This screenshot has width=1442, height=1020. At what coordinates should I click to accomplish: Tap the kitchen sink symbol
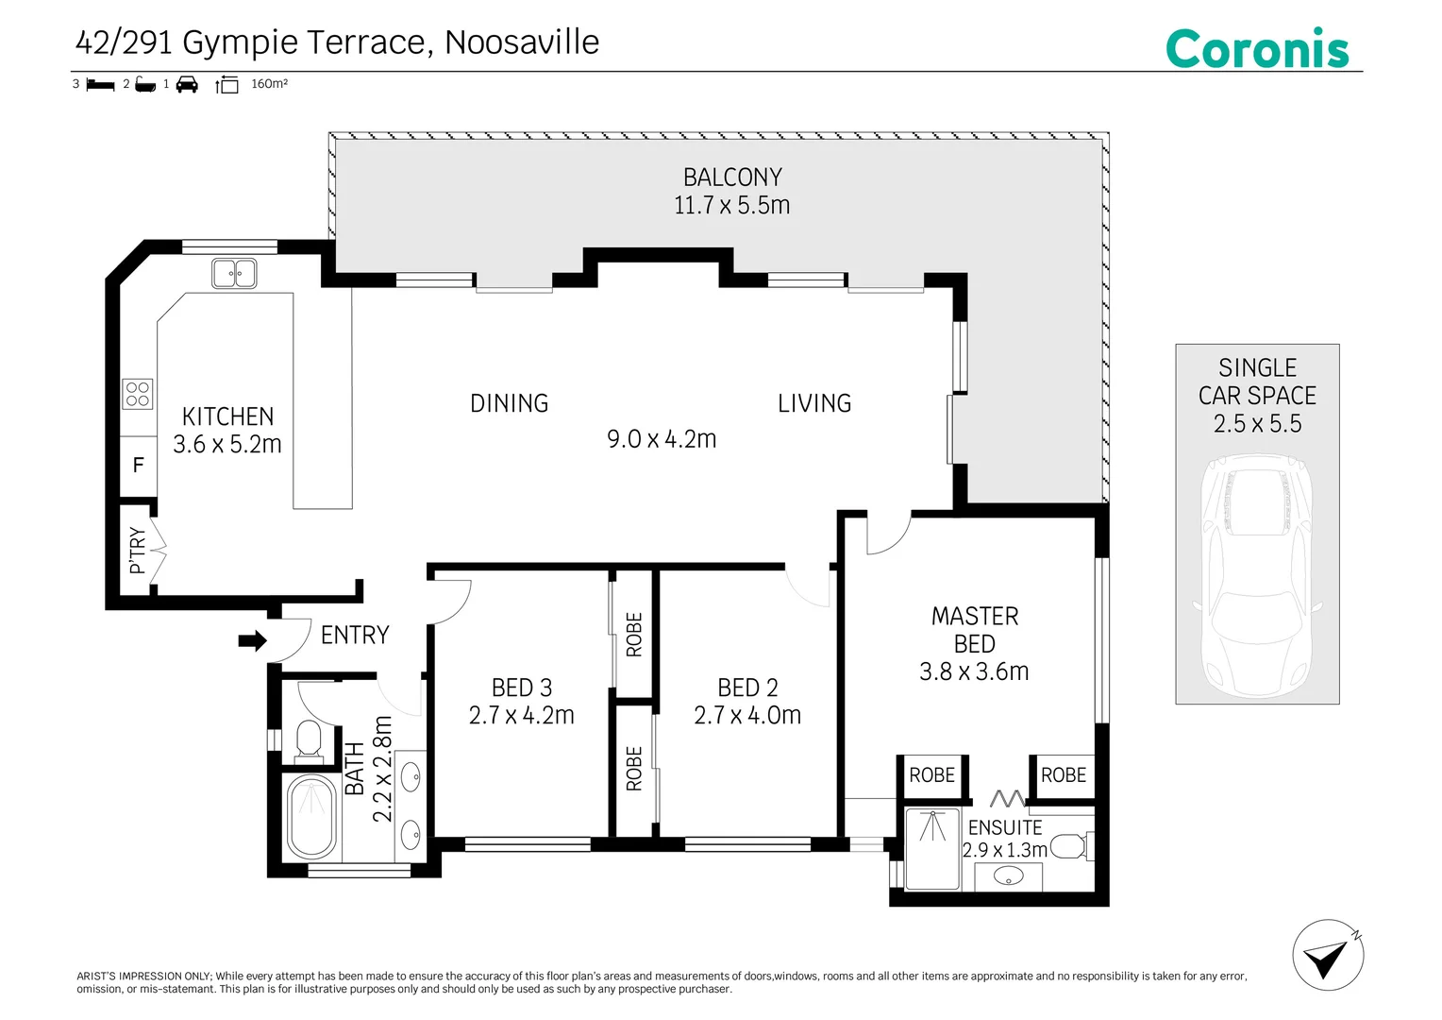click(234, 273)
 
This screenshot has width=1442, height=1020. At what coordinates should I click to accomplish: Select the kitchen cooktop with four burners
click(138, 394)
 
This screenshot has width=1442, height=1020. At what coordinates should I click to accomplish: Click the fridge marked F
click(139, 466)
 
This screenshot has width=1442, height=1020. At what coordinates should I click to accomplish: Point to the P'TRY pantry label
click(138, 550)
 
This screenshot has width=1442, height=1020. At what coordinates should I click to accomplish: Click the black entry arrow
click(252, 640)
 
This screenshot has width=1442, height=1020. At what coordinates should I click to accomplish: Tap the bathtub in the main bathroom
click(311, 816)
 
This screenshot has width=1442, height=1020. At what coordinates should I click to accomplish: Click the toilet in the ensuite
click(1070, 846)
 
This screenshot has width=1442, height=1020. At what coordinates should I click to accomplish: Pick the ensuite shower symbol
click(932, 849)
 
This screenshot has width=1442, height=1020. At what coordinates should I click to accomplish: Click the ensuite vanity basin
click(1009, 875)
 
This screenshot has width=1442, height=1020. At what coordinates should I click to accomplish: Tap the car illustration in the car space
click(1257, 576)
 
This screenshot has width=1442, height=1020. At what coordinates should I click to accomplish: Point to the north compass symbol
click(1328, 955)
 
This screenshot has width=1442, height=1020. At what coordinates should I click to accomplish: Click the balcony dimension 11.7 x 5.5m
click(732, 206)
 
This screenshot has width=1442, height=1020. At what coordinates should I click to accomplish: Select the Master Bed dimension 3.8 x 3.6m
click(974, 672)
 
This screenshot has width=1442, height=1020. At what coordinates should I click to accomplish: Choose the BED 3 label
click(522, 688)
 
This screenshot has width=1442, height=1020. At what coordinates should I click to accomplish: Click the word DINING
click(510, 403)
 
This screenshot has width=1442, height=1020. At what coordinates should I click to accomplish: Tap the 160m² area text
click(269, 84)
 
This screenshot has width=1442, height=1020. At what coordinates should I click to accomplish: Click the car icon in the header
click(187, 84)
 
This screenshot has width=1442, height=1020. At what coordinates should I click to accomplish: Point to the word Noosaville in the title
click(522, 42)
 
